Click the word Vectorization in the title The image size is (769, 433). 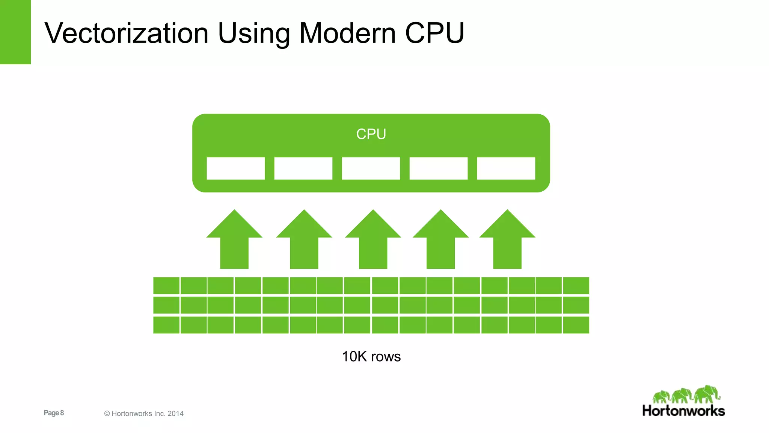tap(126, 33)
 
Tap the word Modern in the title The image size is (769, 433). tap(347, 33)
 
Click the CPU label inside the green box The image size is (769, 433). tap(371, 134)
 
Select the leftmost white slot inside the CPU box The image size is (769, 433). tap(235, 168)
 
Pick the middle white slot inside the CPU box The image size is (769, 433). tap(371, 168)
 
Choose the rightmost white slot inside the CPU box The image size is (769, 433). tap(506, 168)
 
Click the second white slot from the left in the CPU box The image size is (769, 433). tap(303, 168)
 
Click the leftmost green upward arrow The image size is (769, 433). tap(234, 241)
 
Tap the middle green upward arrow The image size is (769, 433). tap(373, 241)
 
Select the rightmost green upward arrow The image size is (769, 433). tap(507, 241)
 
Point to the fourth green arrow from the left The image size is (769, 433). tap(440, 241)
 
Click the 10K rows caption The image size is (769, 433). tap(371, 356)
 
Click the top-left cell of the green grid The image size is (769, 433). tap(166, 286)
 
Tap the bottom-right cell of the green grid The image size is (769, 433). tap(576, 325)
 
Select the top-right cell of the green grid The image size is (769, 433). tap(576, 286)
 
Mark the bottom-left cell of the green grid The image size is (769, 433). tap(166, 325)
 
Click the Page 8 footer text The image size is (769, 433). tap(54, 413)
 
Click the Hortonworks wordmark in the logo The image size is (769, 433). tap(683, 411)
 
